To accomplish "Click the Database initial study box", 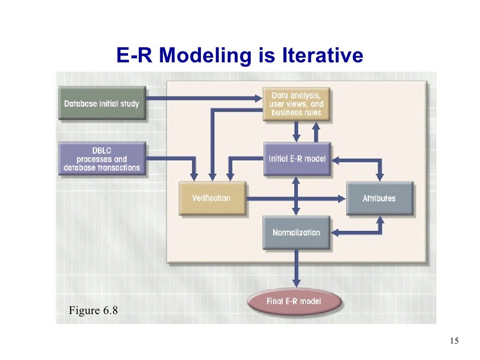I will pos(102,103).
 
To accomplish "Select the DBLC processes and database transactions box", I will pos(102,159).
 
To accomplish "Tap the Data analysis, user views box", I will pos(296,104).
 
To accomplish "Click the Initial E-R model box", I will pos(297,159).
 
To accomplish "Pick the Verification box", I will pos(211,198).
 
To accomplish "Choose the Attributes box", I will pos(379,198).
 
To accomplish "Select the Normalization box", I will pos(296,232).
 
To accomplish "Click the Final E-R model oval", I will pos(294,301).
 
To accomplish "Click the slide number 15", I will pos(454,341).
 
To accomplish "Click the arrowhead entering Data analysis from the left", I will pos(258,98).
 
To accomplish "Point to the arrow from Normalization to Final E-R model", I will pos(296,267).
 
